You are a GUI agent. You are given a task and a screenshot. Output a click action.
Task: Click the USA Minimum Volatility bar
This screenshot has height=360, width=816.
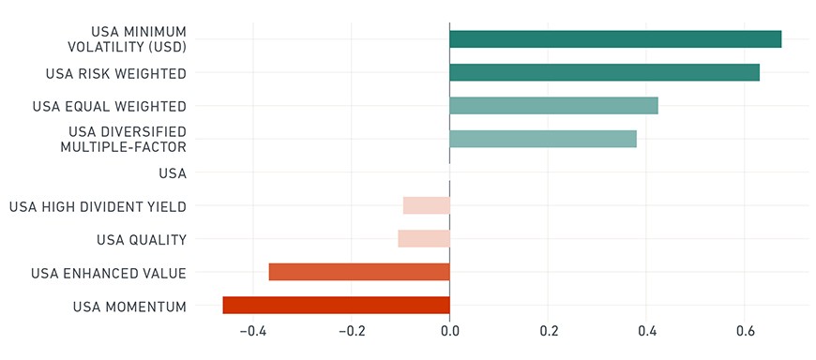pyautogui.click(x=615, y=39)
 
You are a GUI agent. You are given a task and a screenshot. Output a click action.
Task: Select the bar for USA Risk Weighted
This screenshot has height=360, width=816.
pyautogui.click(x=604, y=72)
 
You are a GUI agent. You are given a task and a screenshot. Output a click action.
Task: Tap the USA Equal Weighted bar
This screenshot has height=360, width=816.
pyautogui.click(x=553, y=106)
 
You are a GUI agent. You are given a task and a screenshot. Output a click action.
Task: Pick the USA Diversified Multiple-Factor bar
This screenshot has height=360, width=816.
pyautogui.click(x=543, y=139)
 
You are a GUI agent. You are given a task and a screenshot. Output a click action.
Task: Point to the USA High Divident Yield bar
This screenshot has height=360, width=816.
pyautogui.click(x=426, y=205)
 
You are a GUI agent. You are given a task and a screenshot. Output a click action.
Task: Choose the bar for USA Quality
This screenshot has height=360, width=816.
pyautogui.click(x=424, y=239)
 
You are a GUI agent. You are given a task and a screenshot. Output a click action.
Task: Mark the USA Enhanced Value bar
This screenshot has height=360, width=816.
pyautogui.click(x=359, y=272)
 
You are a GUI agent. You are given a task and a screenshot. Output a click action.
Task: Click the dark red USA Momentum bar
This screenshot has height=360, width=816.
pyautogui.click(x=336, y=306)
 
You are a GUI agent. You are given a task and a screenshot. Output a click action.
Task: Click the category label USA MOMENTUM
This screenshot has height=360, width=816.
pyautogui.click(x=129, y=307)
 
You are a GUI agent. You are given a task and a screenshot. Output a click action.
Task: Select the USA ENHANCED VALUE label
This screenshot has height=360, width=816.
pyautogui.click(x=108, y=274)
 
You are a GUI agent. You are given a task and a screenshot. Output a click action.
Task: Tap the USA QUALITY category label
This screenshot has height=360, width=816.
pyautogui.click(x=142, y=240)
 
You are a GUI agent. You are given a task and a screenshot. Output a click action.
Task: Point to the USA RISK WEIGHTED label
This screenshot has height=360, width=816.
pyautogui.click(x=116, y=74)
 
